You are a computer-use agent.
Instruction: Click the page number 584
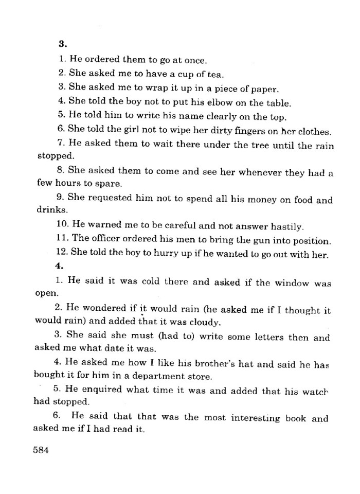41,449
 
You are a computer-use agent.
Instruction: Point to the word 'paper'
264,88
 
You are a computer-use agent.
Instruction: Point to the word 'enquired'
99,391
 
